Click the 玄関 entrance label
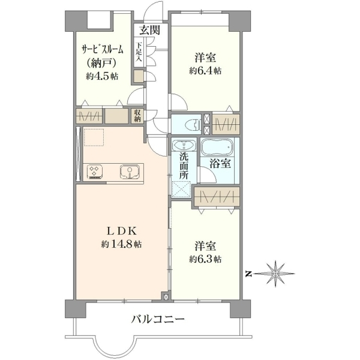[150, 30]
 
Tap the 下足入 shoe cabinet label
[139, 52]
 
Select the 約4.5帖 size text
[102, 76]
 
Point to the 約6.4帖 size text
[205, 71]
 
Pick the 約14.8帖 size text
[121, 244]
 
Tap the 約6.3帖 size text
[205, 259]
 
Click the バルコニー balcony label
[158, 319]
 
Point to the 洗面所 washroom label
[184, 166]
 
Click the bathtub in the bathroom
[217, 147]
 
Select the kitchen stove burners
[94, 172]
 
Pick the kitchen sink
[130, 172]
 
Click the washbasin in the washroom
[184, 145]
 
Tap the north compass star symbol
[275, 274]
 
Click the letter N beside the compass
[247, 274]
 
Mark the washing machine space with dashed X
[181, 189]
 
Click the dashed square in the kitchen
[94, 137]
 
